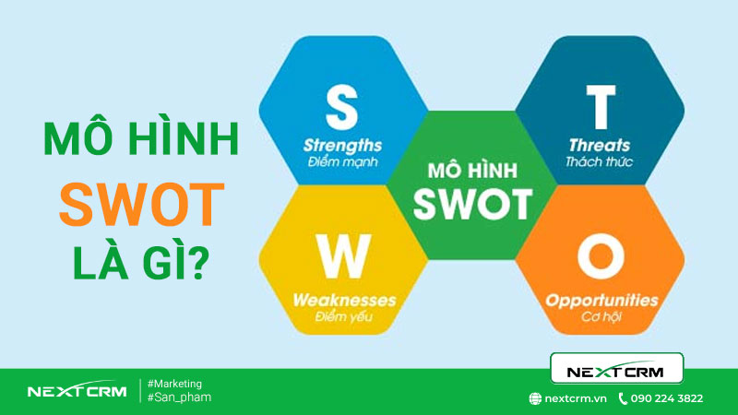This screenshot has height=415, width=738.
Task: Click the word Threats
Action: tap(600, 146)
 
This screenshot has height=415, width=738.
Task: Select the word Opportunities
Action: tap(601, 301)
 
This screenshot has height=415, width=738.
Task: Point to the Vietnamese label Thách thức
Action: tap(600, 162)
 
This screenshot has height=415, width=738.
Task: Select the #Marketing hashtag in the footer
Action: tap(175, 383)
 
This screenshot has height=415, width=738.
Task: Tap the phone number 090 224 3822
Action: tap(666, 398)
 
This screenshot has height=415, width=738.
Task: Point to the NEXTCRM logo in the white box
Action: tap(616, 370)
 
